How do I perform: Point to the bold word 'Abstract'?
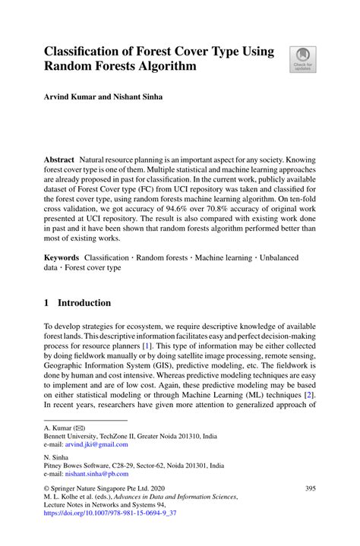coord(59,161)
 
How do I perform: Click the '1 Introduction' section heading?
coord(77,303)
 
